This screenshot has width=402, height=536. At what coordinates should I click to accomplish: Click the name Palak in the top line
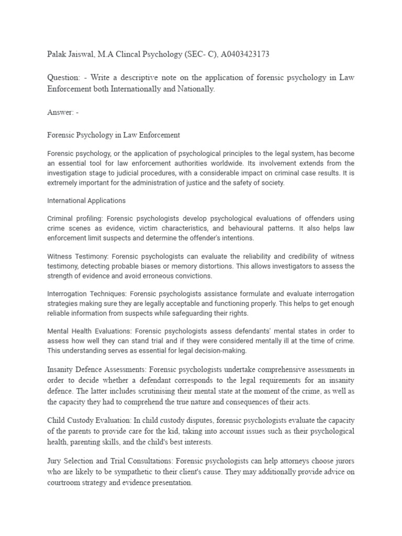[57, 54]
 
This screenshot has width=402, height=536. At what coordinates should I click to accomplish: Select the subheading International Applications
[86, 200]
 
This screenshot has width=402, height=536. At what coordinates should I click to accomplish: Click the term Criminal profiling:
[78, 219]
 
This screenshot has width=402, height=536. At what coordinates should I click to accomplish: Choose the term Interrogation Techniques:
[87, 294]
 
